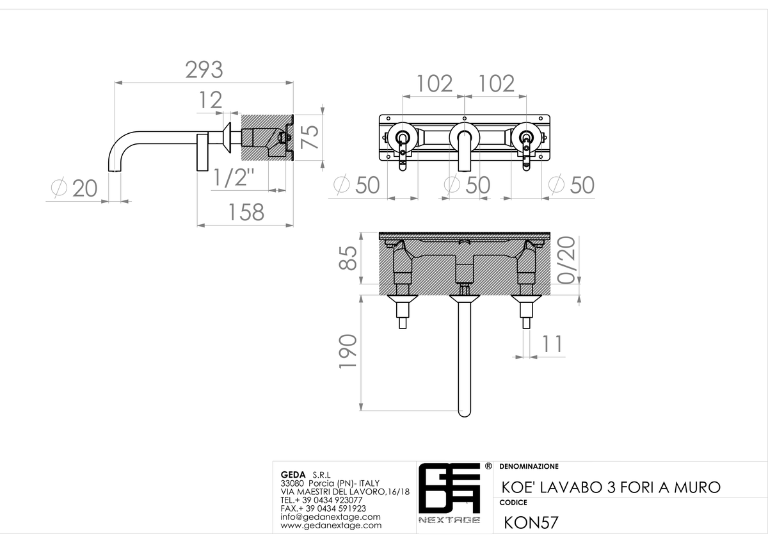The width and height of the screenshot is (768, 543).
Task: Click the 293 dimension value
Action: (204, 70)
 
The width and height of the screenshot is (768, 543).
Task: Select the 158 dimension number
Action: (246, 212)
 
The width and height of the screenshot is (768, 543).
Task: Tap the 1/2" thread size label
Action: (234, 177)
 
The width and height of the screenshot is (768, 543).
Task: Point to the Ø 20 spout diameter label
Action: (74, 188)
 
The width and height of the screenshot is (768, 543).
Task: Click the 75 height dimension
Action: (310, 137)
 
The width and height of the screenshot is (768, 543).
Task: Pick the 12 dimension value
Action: (211, 100)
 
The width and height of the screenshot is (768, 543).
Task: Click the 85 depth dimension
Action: (348, 258)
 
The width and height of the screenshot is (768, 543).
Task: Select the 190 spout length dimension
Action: (348, 352)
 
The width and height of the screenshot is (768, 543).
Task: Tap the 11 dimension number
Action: (552, 344)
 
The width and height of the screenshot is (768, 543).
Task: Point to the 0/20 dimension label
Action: (566, 260)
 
